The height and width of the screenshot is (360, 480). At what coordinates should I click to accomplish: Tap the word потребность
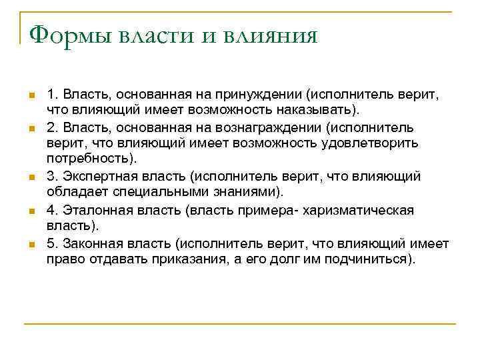(x=89, y=159)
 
